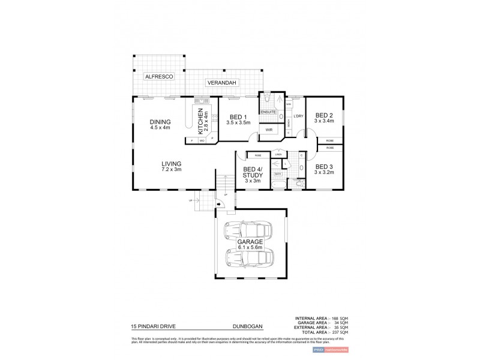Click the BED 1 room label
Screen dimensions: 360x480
[x=238, y=119]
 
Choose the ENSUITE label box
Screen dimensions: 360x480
[x=268, y=112]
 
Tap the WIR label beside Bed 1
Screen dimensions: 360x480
[x=271, y=129]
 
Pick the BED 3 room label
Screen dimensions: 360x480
[x=324, y=170]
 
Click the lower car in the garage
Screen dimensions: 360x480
[x=248, y=259]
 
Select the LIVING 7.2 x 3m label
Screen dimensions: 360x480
[x=171, y=166]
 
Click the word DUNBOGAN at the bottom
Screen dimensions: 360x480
[x=248, y=328]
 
